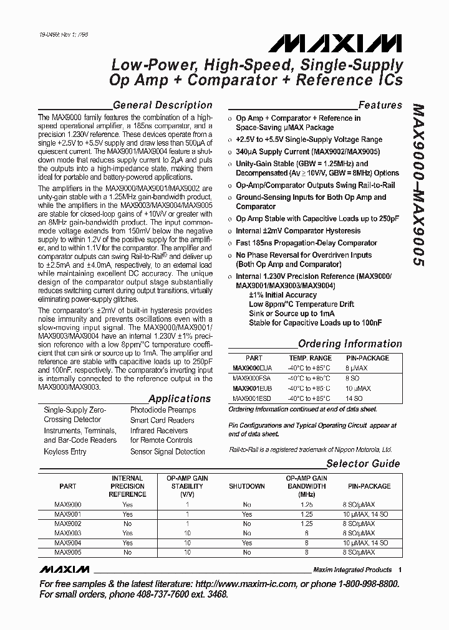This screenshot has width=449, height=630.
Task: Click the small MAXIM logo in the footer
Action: tap(65, 570)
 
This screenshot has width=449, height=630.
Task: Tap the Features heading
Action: tap(380, 105)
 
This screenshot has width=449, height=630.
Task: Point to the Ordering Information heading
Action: tap(350, 344)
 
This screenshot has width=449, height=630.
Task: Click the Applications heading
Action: tap(180, 398)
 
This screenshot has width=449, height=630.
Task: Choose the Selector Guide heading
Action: tap(364, 464)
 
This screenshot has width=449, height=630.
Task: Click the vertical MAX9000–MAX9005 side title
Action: tap(419, 186)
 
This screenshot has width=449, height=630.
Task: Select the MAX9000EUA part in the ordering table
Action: tap(253, 368)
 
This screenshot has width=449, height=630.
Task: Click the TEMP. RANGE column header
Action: tap(310, 358)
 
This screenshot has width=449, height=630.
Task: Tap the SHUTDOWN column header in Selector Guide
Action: tap(246, 486)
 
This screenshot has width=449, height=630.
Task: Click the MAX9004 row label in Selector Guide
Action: tap(67, 543)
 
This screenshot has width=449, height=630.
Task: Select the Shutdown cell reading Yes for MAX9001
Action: tap(246, 515)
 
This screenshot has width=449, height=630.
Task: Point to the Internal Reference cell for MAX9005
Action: tap(127, 552)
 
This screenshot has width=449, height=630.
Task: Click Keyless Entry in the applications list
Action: tap(65, 451)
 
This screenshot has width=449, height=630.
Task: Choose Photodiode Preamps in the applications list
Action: tap(163, 410)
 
